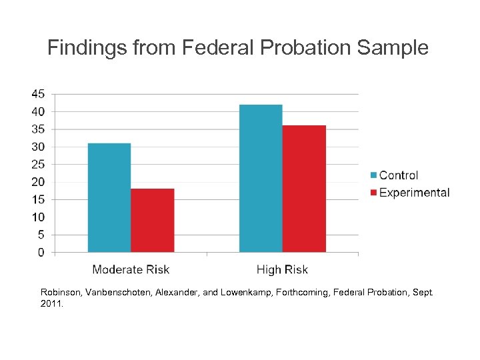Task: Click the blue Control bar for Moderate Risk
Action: [109, 197]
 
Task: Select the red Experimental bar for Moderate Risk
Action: [152, 220]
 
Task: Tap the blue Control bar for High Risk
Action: [261, 178]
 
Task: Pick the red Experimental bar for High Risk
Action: [304, 189]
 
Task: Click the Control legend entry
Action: [398, 175]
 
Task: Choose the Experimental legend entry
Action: [414, 193]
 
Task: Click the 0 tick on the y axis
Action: [41, 253]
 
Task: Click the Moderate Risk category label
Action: [131, 270]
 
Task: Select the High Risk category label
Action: [282, 270]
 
